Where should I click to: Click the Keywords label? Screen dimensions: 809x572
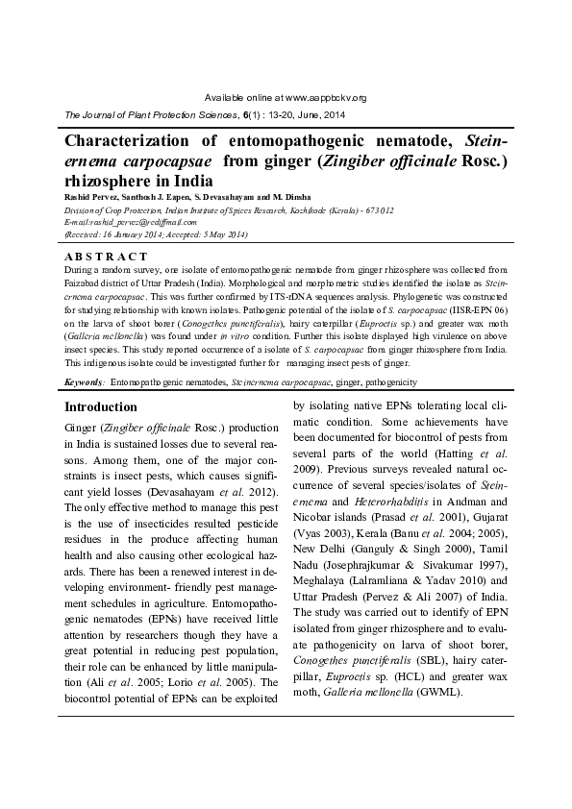[x=84, y=381]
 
